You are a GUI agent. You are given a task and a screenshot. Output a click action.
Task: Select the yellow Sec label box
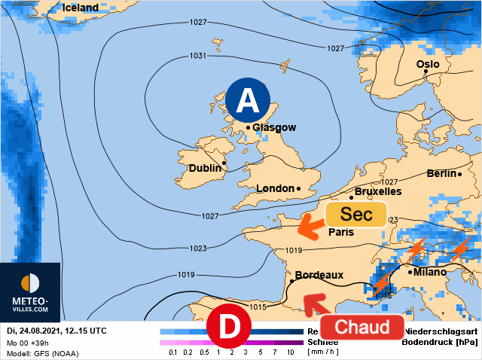pos(355,215)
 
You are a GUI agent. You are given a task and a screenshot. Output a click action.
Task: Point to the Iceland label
pos(80,8)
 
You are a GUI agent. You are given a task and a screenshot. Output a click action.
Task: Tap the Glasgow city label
pos(274,128)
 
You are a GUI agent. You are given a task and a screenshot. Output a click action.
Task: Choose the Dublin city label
pos(205,168)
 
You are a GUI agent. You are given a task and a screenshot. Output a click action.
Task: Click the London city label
pos(275,188)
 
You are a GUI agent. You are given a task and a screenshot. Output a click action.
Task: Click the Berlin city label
pos(441,173)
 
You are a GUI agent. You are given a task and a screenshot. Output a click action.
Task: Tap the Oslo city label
pos(428,64)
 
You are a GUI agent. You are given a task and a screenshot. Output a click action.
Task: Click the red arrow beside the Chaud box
pos(313,303)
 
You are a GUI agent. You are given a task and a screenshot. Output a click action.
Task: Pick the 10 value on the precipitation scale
pos(290,352)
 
